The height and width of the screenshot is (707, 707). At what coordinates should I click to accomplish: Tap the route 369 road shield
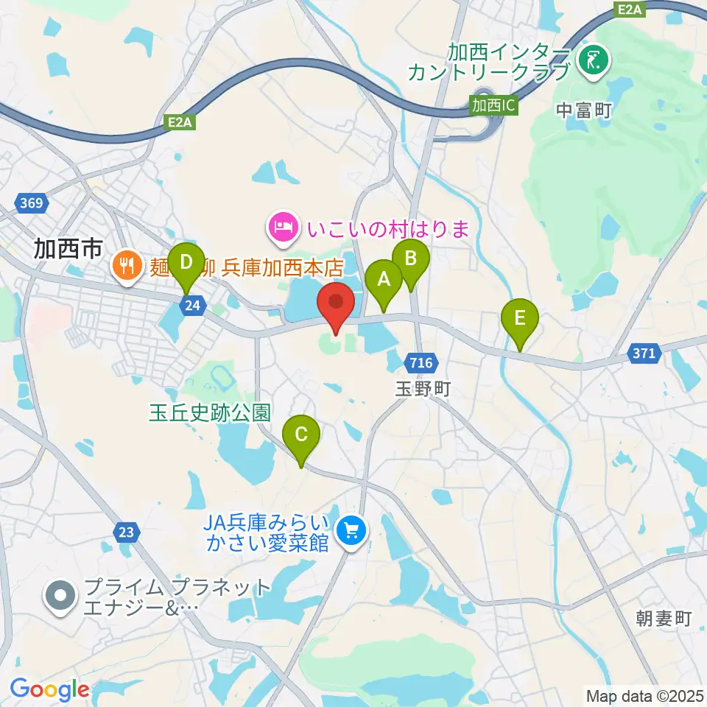coord(32,203)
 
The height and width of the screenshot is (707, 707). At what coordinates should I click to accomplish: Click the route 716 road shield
coord(421,362)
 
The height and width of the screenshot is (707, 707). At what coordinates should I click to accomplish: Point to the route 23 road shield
coord(127,532)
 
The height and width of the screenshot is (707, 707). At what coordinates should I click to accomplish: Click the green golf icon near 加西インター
coord(593,61)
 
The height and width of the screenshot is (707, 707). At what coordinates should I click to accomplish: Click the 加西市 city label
coord(68,250)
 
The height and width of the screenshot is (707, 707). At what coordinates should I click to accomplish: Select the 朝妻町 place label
coord(664,618)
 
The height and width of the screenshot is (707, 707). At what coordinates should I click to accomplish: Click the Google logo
coord(50,689)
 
